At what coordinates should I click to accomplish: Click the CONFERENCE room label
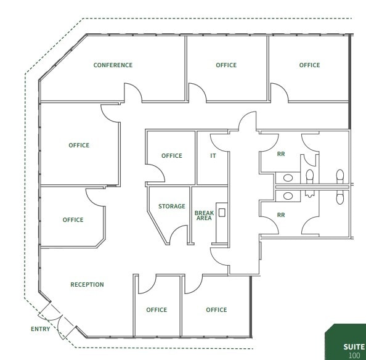coord(113,65)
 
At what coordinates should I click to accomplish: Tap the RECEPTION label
coord(87,285)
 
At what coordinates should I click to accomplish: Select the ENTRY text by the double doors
coord(41,329)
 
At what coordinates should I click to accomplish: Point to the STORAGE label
coord(171,207)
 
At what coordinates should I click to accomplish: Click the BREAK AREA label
coord(204,215)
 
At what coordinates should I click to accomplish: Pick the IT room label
coord(213,156)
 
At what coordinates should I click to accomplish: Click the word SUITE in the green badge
coord(354,347)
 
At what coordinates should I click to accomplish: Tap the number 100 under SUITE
coord(354,356)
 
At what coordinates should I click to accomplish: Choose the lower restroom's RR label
coord(281,215)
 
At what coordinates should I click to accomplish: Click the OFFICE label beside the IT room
coord(172,156)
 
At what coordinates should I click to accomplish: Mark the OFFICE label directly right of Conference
coord(226,65)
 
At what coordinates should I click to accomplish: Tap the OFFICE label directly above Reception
coord(73,220)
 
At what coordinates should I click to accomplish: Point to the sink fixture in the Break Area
coord(222,213)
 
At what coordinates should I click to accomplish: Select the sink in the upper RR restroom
coord(288,178)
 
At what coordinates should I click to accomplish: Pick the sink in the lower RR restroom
coord(288,196)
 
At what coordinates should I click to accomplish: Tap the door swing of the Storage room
coord(179,235)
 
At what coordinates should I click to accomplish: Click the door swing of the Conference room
coord(133,94)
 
